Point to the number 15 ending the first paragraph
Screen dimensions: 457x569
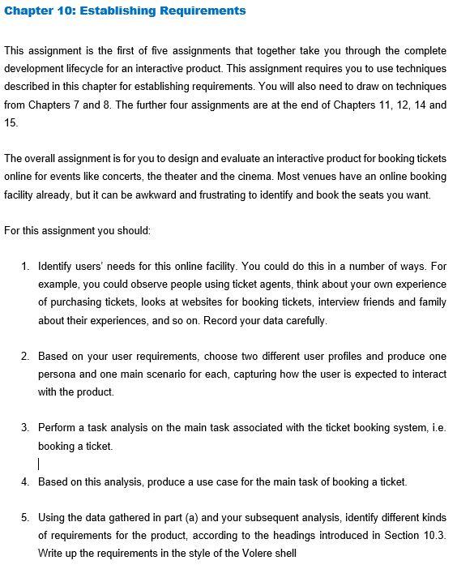coord(11,122)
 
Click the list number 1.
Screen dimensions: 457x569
coord(25,266)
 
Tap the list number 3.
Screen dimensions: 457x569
coord(25,427)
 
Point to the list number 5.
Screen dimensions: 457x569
coord(25,517)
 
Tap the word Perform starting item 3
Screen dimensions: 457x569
coord(58,427)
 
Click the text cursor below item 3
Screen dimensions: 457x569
coord(39,464)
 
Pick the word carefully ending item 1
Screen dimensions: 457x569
coord(301,319)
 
